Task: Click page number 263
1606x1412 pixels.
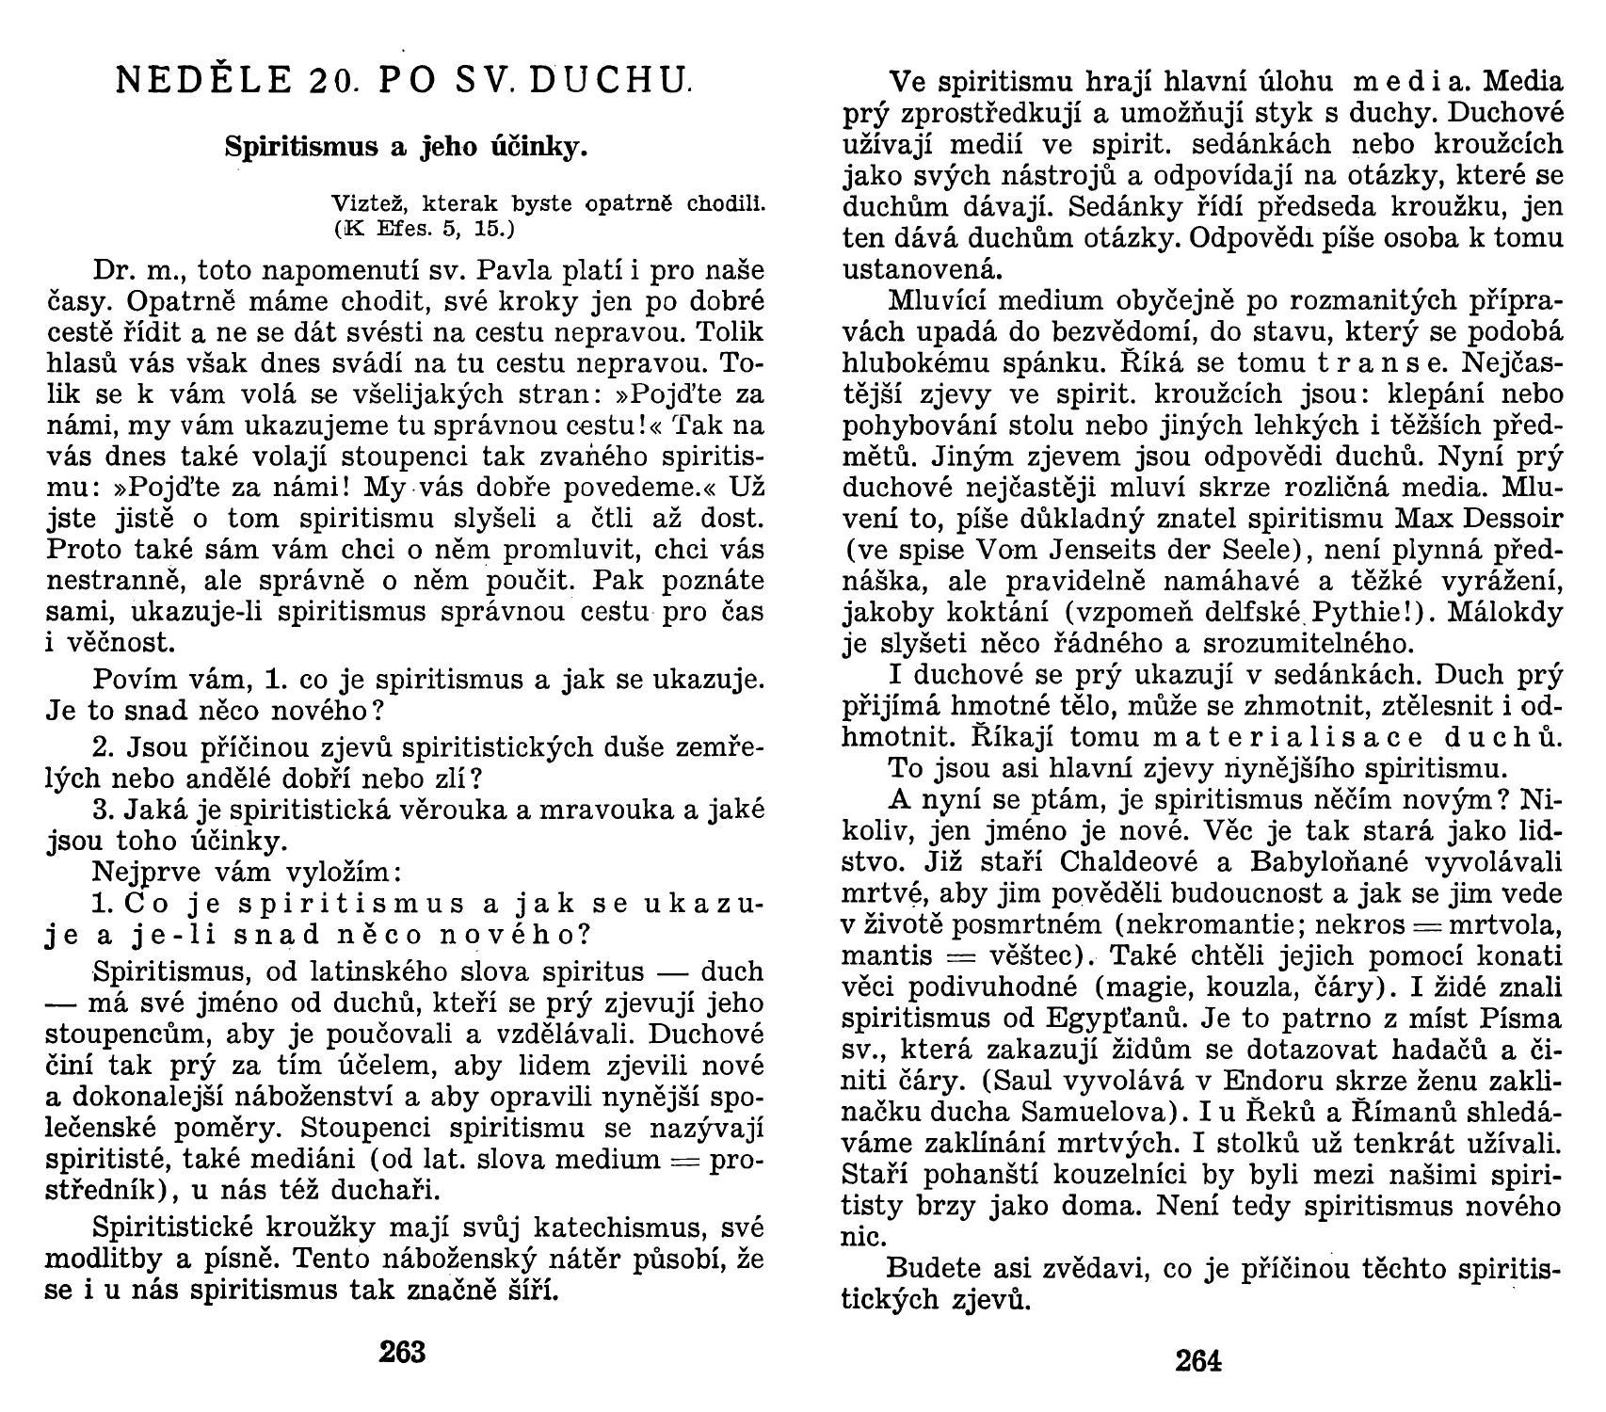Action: coord(402,1352)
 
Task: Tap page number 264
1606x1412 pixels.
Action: coord(1197,1361)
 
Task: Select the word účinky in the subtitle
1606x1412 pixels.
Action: coord(550,147)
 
